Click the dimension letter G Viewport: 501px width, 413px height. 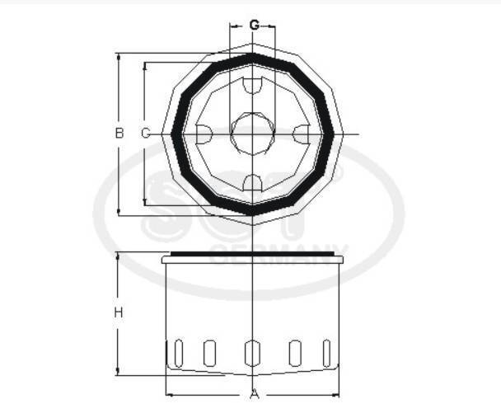[x=254, y=25]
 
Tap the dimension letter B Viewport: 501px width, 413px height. [x=119, y=133]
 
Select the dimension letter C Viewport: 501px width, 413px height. [x=145, y=133]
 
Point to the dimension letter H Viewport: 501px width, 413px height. [x=119, y=312]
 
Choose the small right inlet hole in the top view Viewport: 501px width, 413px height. [x=301, y=133]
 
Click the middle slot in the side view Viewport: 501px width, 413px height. [x=251, y=352]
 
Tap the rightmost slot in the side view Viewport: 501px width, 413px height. [x=327, y=352]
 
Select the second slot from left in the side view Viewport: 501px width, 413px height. [x=209, y=352]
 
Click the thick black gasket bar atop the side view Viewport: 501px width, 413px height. [x=251, y=254]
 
